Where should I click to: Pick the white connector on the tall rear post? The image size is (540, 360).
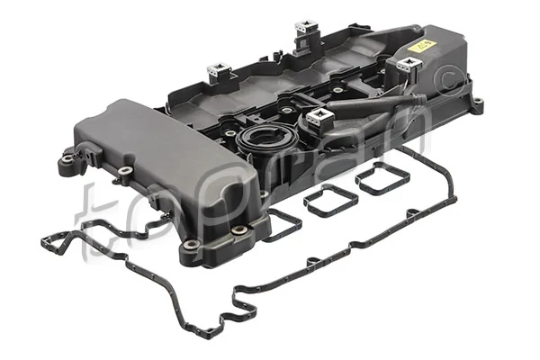[x=307, y=27]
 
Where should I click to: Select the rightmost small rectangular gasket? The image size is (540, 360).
[x=382, y=178]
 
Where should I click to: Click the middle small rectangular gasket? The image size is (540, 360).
[x=328, y=199]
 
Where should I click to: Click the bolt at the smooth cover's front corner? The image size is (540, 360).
[x=239, y=231]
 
